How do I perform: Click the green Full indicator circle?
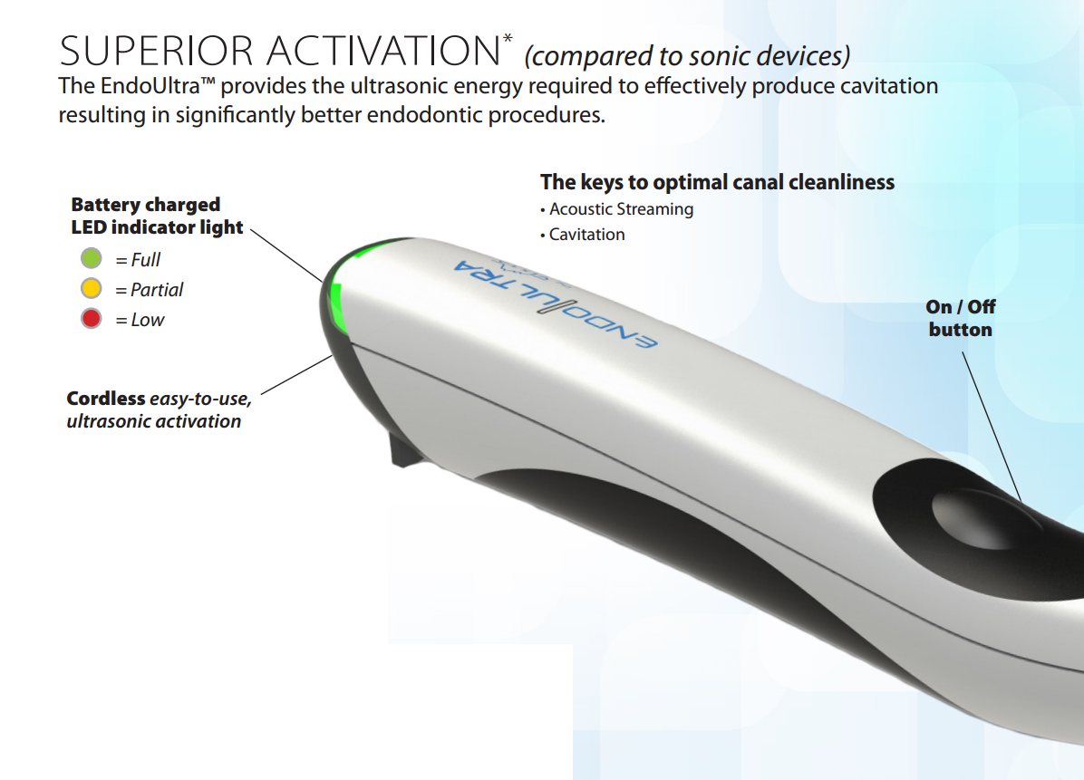(92, 259)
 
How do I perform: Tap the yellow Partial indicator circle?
(92, 289)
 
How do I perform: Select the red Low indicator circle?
(92, 319)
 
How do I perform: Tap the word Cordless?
(106, 399)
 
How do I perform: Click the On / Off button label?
(961, 318)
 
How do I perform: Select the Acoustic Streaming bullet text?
(622, 209)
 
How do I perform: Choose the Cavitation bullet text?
(587, 235)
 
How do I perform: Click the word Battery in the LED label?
(106, 205)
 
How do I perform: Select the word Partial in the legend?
(157, 290)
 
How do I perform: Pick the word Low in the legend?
(148, 320)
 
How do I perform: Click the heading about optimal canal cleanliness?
(717, 182)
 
